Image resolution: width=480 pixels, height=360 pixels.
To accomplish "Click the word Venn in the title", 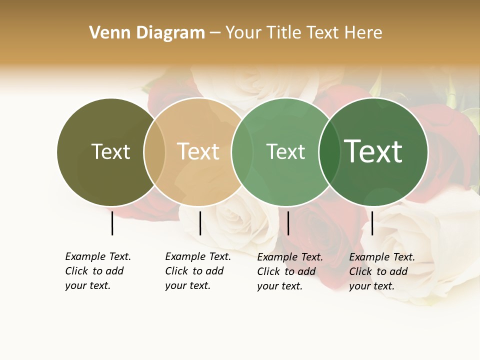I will pos(106,33).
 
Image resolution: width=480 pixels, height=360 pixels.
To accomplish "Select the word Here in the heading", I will pos(363,33).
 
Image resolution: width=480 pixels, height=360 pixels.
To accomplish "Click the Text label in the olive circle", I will pos(110,151).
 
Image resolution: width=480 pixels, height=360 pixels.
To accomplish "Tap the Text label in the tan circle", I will pos(198,151).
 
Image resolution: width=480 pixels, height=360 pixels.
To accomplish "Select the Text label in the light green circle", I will pos(285,151).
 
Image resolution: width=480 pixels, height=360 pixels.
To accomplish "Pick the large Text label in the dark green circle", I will pos(373,151).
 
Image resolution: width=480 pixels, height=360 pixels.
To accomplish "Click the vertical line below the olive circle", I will pos(112,223).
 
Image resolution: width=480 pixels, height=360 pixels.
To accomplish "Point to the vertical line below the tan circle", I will pos(200,223).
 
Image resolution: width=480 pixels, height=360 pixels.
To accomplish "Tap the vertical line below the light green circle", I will pos(288,223).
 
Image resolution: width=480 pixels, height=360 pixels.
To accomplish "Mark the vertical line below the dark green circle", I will pos(372,223).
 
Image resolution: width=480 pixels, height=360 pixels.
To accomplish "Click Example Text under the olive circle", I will pos(98,256).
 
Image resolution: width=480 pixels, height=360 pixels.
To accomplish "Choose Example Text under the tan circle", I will pos(198,256).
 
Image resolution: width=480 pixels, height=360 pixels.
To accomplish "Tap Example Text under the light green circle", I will pos(290,257).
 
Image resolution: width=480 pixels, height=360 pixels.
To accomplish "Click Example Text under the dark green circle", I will pos(382,257).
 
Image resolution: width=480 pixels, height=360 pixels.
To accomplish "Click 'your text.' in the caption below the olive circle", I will pos(87,285).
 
